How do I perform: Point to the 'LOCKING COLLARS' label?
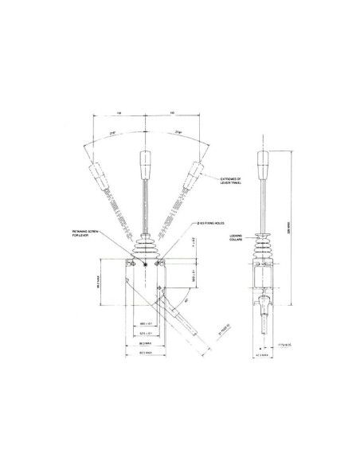(237, 238)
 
